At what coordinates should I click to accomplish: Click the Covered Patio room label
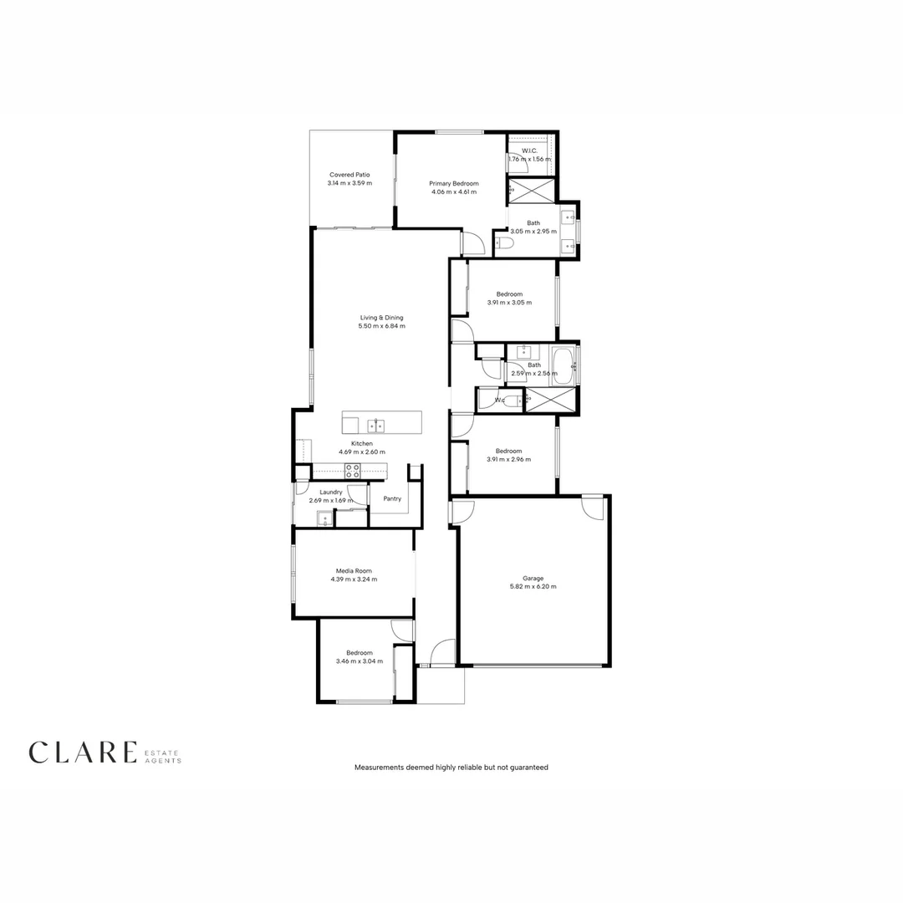[x=349, y=175]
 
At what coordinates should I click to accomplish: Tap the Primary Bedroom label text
[x=454, y=183]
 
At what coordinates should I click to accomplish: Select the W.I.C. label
[x=529, y=150]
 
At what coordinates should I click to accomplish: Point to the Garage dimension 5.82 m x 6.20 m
[x=533, y=587]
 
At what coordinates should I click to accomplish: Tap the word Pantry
[x=392, y=499]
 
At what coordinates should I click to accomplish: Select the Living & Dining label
[x=382, y=318]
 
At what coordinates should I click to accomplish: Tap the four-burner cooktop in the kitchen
[x=353, y=472]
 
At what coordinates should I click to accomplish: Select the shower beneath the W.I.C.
[x=532, y=191]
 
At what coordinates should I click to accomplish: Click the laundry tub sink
[x=324, y=520]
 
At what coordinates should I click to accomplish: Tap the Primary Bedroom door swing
[x=472, y=243]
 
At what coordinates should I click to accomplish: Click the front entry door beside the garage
[x=443, y=653]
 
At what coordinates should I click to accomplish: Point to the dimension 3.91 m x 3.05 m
[x=509, y=302]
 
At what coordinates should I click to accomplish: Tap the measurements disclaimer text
[x=451, y=767]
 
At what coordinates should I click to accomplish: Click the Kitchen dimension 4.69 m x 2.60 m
[x=362, y=451]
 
